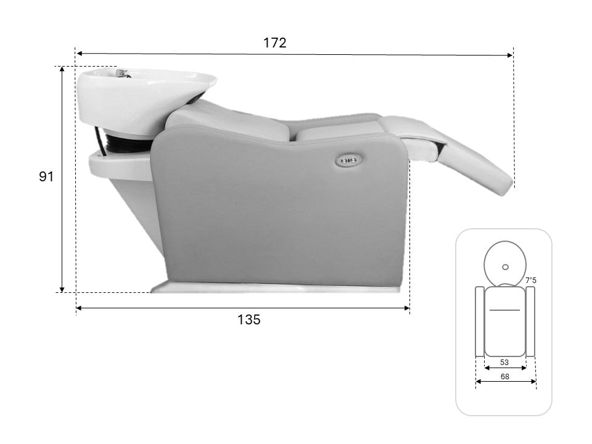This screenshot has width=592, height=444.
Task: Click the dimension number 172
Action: pos(274,43)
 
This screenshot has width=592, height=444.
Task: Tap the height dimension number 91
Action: pos(46,177)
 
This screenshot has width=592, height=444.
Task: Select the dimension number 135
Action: pos(249,319)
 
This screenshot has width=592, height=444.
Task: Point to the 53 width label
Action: pos(504,363)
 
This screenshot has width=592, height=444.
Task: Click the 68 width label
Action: pos(505,376)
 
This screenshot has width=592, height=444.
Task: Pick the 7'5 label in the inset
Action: pos(530,280)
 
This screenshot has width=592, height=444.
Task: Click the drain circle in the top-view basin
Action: pos(505,267)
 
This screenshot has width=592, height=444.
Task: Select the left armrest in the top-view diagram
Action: pos(480,321)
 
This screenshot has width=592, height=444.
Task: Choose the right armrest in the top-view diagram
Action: pos(530,321)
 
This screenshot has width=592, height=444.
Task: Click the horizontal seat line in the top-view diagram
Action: pos(504,309)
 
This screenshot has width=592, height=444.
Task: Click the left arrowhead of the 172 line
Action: pos(79,54)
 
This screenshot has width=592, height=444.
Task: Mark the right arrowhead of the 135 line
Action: pos(407,308)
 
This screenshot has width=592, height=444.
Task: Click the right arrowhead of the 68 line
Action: pos(533,381)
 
